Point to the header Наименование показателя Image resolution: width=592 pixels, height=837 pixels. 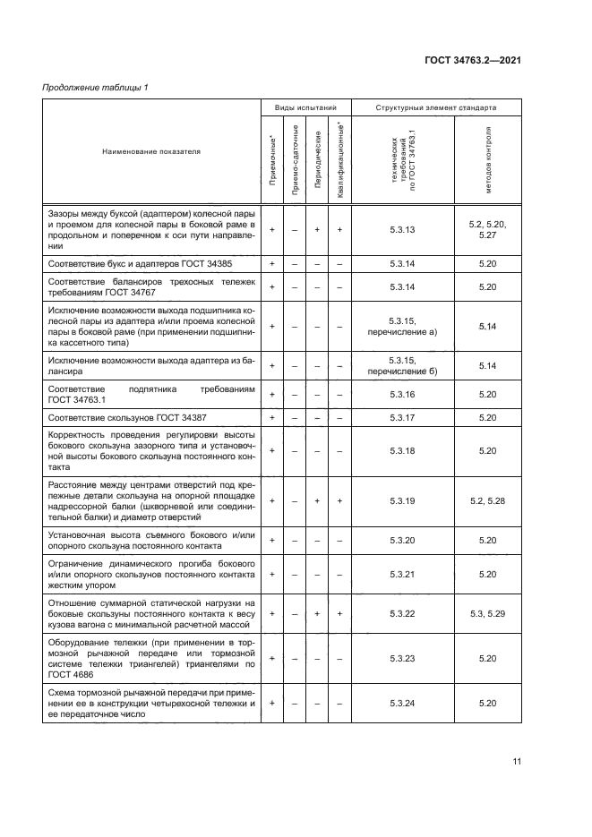(150, 151)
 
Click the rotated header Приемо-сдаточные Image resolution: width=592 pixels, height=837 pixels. (294, 161)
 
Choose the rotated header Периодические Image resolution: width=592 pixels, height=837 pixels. (317, 161)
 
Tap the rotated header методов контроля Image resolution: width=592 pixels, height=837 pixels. (487, 161)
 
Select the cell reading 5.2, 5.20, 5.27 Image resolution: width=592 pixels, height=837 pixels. (487, 230)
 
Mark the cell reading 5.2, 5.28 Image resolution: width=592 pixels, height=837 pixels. (487, 500)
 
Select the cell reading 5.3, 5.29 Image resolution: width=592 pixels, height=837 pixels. (487, 617)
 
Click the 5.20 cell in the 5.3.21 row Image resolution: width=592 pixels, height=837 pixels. (487, 573)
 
